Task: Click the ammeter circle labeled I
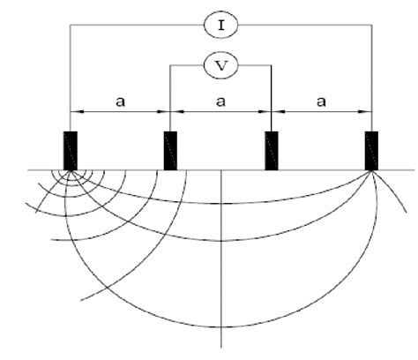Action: [220, 26]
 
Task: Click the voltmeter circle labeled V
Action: [220, 64]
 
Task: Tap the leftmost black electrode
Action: [71, 150]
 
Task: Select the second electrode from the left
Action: [170, 150]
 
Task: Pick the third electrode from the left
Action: [272, 150]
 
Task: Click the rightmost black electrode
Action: [372, 150]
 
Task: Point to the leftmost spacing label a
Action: [120, 101]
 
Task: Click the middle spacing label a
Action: [220, 101]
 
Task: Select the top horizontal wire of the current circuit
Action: [132, 26]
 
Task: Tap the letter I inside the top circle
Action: [220, 26]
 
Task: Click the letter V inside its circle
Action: [220, 64]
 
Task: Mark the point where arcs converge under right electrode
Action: [372, 172]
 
